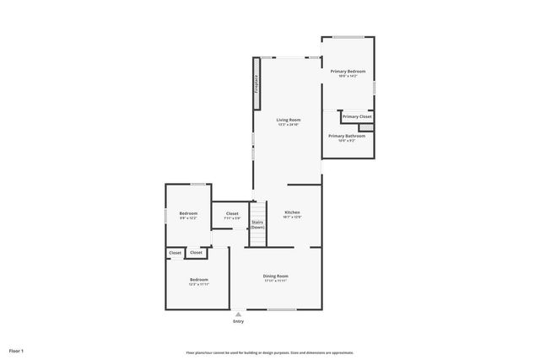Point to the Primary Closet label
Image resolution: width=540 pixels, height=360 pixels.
[x=356, y=116]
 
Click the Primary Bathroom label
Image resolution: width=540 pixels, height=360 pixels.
[x=347, y=137]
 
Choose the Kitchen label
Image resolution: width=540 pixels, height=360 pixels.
[x=292, y=213]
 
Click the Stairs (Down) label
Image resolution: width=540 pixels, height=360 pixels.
[x=257, y=225]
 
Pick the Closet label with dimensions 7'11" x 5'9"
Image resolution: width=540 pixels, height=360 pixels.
[x=231, y=215]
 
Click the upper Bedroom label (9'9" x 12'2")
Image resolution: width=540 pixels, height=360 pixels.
[x=187, y=215]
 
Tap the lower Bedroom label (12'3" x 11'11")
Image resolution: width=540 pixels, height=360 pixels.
[x=198, y=281]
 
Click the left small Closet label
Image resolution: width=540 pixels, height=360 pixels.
[x=175, y=253]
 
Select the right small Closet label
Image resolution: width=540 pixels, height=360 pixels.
[x=196, y=253]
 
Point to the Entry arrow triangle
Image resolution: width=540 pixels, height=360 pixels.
[x=238, y=314]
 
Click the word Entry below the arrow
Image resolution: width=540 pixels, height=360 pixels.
[x=238, y=321]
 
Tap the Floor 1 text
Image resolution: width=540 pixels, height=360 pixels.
[x=16, y=350]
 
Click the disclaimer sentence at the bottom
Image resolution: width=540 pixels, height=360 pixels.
[x=269, y=352]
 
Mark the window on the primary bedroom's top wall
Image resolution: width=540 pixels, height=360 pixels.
[x=347, y=36]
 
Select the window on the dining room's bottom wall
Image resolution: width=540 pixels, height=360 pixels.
[x=282, y=309]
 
